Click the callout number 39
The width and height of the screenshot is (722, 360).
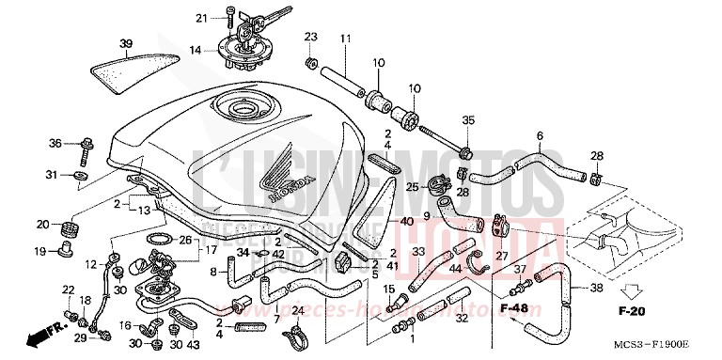click(126, 43)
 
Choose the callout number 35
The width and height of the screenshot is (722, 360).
click(469, 120)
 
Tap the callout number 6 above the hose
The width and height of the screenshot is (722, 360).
click(540, 136)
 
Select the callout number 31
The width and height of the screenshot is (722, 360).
click(53, 174)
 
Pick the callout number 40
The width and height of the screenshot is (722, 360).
click(406, 221)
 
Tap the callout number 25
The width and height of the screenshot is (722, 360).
click(411, 187)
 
